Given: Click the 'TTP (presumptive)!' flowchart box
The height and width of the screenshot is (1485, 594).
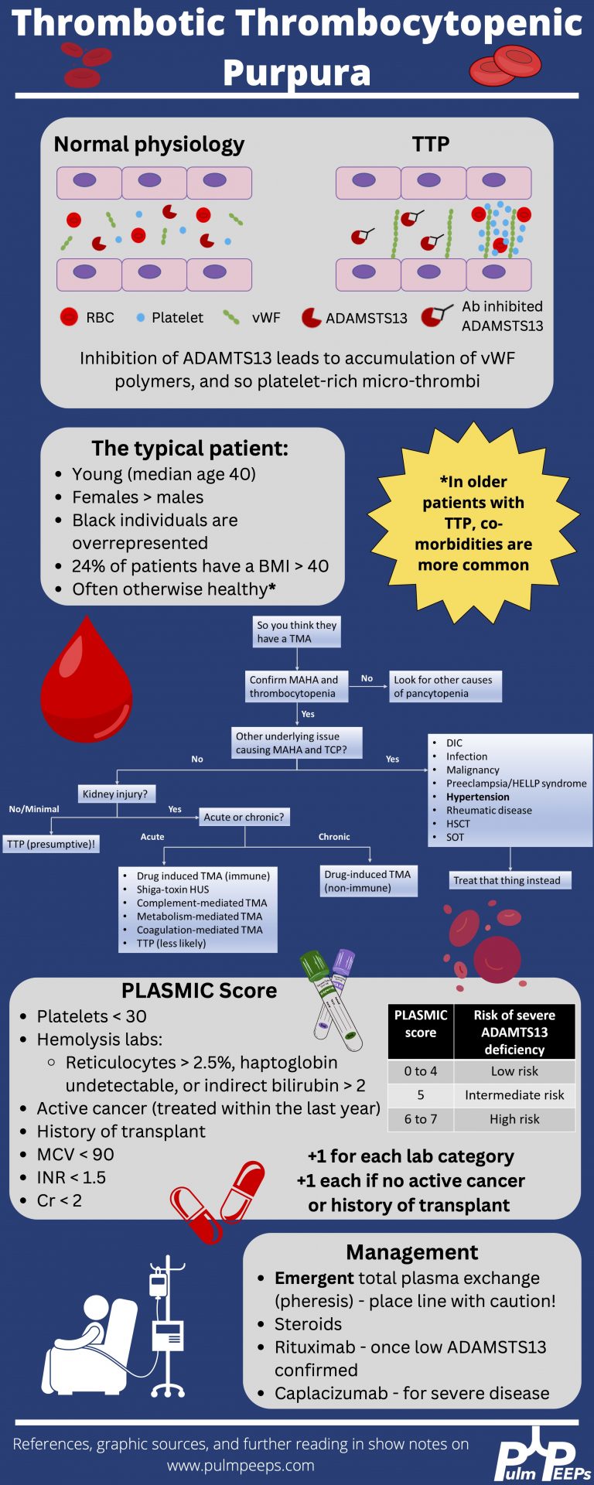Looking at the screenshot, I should (x=51, y=844).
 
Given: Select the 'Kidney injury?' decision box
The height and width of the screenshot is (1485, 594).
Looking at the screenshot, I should (x=115, y=794).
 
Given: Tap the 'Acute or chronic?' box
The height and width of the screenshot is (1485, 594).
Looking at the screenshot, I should (x=244, y=817).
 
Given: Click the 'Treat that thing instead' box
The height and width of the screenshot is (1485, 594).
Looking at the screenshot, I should (x=510, y=880).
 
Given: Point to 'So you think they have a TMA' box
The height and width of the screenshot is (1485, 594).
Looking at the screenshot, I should (x=297, y=632).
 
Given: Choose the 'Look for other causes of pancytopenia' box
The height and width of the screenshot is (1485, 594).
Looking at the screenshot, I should (x=445, y=686).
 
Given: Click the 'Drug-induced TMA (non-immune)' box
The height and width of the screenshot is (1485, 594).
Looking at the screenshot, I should (x=368, y=881).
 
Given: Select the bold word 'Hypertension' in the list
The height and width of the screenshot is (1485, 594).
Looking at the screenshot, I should (x=477, y=797).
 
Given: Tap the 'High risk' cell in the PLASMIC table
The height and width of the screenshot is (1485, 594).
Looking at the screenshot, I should (x=514, y=1118).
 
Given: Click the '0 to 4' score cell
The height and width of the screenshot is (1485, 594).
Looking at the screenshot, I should (x=420, y=1071).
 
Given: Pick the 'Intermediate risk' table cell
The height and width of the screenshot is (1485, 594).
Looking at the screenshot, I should (x=514, y=1094).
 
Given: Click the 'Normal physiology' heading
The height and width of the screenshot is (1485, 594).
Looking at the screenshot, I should (x=148, y=145).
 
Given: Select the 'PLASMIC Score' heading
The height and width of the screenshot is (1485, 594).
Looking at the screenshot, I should (x=199, y=991).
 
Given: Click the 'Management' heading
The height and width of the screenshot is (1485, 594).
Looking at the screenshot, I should (x=411, y=1252).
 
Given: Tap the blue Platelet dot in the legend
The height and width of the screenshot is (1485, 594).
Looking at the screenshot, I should (x=140, y=318).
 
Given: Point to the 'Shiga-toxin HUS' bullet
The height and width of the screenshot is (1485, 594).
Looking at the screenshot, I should (x=172, y=889).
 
